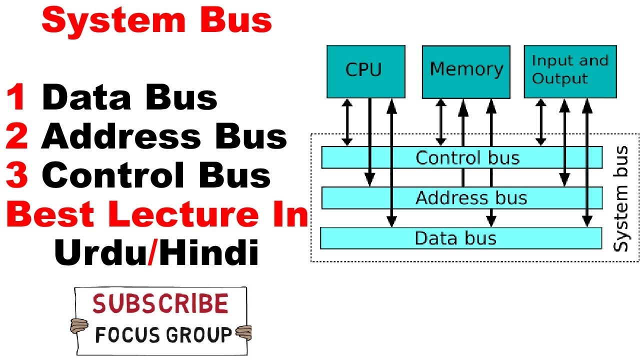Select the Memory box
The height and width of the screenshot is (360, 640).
tap(466, 71)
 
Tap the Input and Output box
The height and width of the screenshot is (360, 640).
tap(570, 71)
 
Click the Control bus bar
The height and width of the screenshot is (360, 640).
tap(461, 157)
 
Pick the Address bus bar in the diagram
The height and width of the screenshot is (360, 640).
tap(461, 198)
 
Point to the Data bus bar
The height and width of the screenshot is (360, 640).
tap(460, 238)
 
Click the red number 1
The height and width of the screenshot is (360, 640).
tap(18, 97)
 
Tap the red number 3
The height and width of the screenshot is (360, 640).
tap(17, 175)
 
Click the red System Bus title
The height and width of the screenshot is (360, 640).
tap(157, 21)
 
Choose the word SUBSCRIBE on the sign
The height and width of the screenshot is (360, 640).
tap(160, 304)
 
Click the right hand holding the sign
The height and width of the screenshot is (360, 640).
tap(244, 331)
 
